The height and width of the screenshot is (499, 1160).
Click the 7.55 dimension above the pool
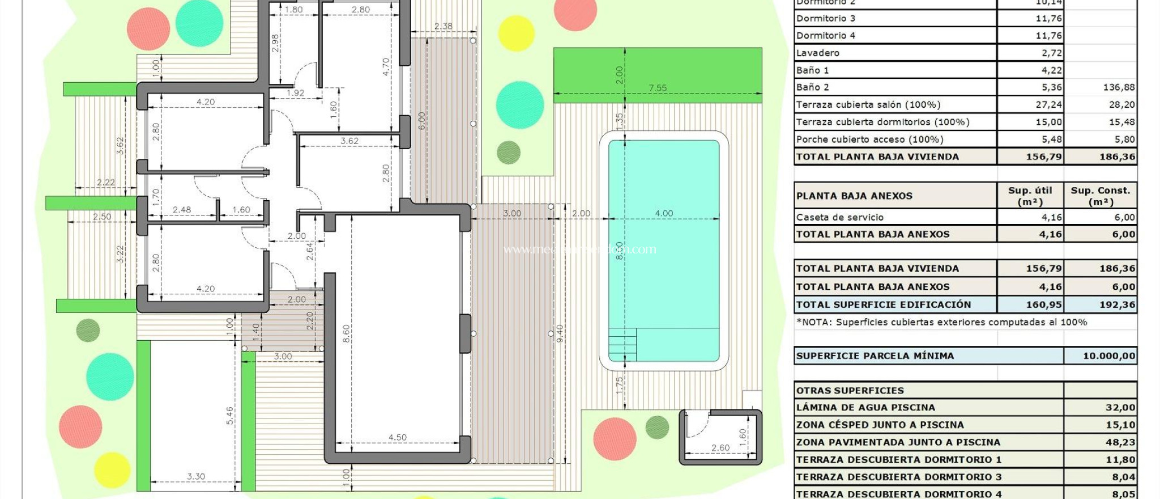(658, 88)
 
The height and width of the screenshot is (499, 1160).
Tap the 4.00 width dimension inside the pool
(664, 213)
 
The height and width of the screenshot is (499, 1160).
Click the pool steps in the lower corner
(622, 344)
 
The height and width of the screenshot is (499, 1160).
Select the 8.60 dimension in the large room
(346, 333)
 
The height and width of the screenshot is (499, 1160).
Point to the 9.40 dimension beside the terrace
(560, 333)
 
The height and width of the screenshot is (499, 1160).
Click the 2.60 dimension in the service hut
(720, 447)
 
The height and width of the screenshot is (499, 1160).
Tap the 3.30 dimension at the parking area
(196, 476)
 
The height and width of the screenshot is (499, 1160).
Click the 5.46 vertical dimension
(230, 415)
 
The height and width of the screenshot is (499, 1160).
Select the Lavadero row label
(818, 53)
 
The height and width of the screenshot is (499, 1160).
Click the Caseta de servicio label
(839, 217)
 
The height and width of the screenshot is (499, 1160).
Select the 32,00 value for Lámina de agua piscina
(1120, 407)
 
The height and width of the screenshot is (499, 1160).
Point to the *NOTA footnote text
(941, 322)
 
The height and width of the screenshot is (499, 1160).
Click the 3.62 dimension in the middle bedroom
(349, 141)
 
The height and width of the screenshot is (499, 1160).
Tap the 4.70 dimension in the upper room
(386, 67)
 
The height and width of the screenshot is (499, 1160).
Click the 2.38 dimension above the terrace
(443, 26)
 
